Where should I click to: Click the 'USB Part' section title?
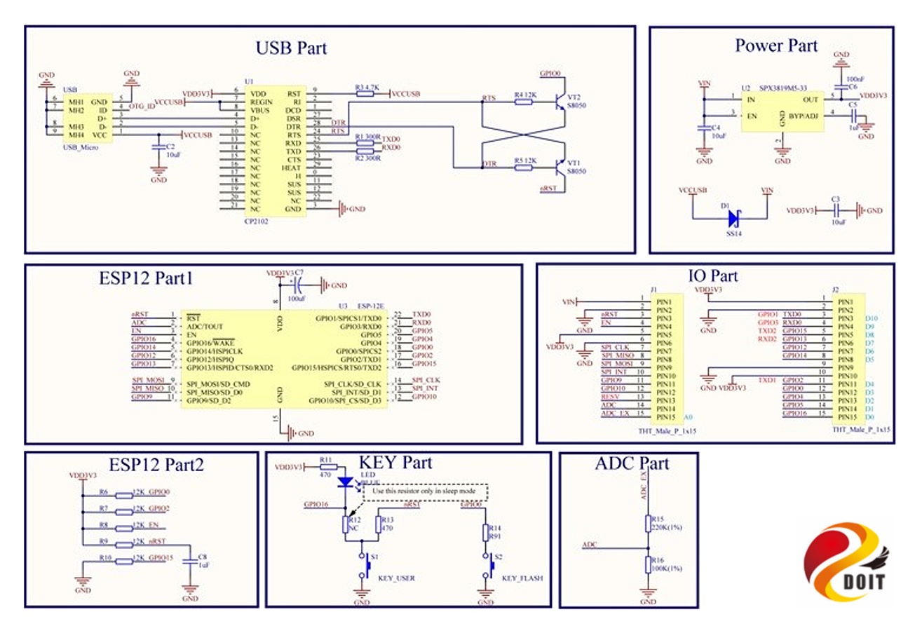click(291, 48)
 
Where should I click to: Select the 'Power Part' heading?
click(775, 46)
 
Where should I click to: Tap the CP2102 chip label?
click(257, 220)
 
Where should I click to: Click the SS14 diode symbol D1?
click(731, 218)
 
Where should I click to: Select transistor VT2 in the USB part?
click(560, 102)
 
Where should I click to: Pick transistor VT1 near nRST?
click(560, 167)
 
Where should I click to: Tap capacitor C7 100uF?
click(299, 285)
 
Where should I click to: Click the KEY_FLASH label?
click(522, 578)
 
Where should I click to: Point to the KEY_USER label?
click(398, 578)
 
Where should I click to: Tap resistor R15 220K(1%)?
click(648, 523)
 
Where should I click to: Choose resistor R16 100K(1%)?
click(648, 565)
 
